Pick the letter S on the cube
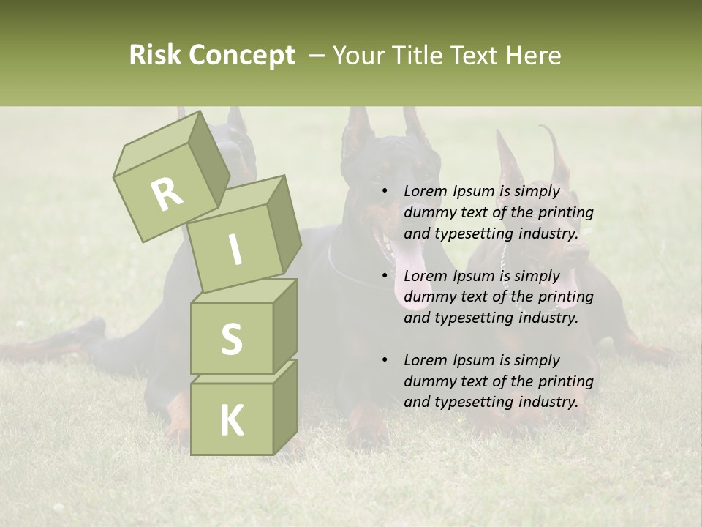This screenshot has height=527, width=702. coord(231,339)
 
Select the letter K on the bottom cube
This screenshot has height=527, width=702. coord(231,421)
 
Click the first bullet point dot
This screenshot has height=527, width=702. coord(385,192)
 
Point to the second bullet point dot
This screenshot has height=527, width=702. coord(385,276)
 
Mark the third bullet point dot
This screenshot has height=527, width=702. coord(385,360)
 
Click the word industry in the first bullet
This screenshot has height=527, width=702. coord(548,234)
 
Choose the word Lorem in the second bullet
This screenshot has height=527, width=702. coord(425,276)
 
